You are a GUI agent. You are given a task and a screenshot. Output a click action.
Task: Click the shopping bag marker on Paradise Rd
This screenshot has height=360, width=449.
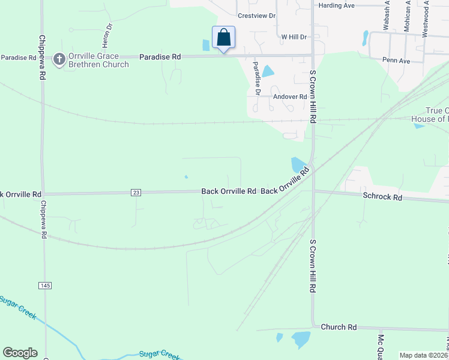pos(223,38)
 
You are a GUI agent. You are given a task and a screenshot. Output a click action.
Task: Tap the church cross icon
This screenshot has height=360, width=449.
pos(59,59)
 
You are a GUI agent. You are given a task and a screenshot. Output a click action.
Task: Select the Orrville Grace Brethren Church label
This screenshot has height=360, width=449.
pos(98,60)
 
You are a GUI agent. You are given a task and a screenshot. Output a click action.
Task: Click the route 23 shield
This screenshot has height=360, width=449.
pos(136,192)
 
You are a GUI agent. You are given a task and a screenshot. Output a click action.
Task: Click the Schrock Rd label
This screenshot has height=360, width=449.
pos(382,196)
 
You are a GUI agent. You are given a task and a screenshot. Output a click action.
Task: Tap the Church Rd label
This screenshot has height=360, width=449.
pos(339,327)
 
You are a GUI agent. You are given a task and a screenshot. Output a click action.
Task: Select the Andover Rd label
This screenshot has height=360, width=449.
pos(290,97)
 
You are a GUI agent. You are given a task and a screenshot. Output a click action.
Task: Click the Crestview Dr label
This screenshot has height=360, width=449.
pos(256,16)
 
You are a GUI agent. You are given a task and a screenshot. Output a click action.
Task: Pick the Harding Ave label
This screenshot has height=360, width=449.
pos(337,5)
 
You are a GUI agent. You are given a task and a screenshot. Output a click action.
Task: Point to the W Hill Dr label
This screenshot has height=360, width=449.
pos(294,37)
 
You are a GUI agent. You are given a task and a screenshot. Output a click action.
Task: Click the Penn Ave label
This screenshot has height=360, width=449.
pos(396,61)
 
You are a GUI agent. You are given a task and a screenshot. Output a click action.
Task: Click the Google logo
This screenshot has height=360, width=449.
pos(20,353)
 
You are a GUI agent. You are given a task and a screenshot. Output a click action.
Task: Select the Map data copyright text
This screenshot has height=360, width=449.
pos(423,355)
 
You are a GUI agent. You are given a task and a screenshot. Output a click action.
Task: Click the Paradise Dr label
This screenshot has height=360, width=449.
pos(256,78)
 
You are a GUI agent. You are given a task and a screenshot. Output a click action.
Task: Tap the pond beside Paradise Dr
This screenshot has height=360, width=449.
pos(268,71)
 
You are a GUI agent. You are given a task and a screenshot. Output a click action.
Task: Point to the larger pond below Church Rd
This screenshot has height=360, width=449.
pos(301,339)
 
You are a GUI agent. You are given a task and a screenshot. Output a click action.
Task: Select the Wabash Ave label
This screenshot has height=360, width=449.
pos(387,15)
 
